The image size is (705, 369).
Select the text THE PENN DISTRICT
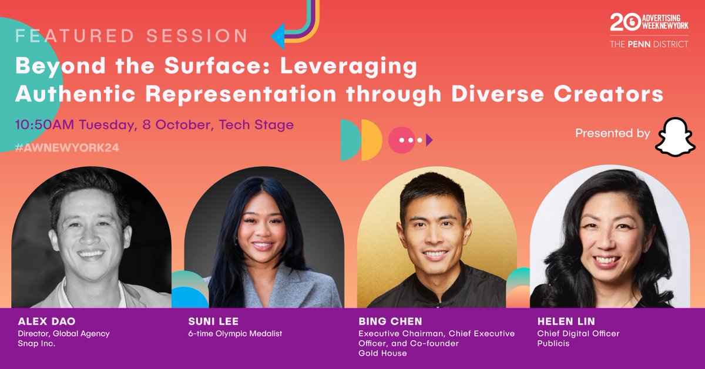pos(649,44)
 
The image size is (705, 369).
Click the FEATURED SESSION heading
pos(132,36)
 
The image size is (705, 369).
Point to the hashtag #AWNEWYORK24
pos(68,148)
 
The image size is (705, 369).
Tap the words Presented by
pos(612,133)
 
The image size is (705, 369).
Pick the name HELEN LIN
pos(557,322)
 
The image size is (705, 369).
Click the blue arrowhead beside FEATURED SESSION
pos(278,36)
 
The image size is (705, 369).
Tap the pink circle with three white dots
pos(402,140)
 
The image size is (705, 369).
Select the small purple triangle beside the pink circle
pos(429,140)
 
